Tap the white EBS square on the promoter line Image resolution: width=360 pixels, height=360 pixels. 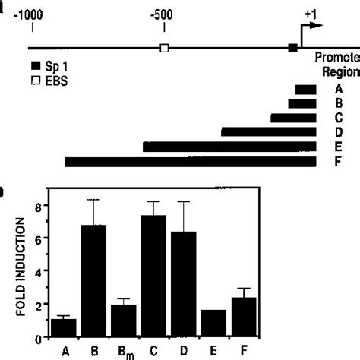tap(164, 49)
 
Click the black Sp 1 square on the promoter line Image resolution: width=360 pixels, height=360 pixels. tap(293, 49)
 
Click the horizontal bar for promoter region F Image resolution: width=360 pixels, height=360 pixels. tap(191, 162)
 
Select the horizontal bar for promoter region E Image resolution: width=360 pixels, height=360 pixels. tap(229, 147)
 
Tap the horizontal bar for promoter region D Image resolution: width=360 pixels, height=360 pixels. tap(268, 132)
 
